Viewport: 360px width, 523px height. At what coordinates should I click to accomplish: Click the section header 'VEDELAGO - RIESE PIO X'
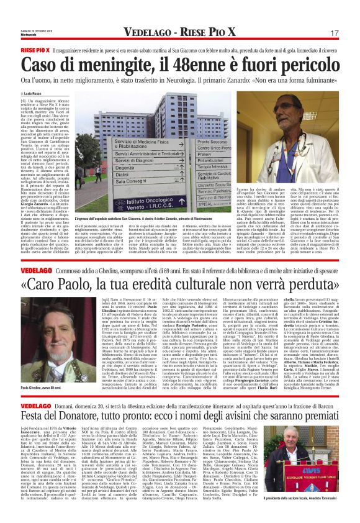pyautogui.click(x=179, y=32)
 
